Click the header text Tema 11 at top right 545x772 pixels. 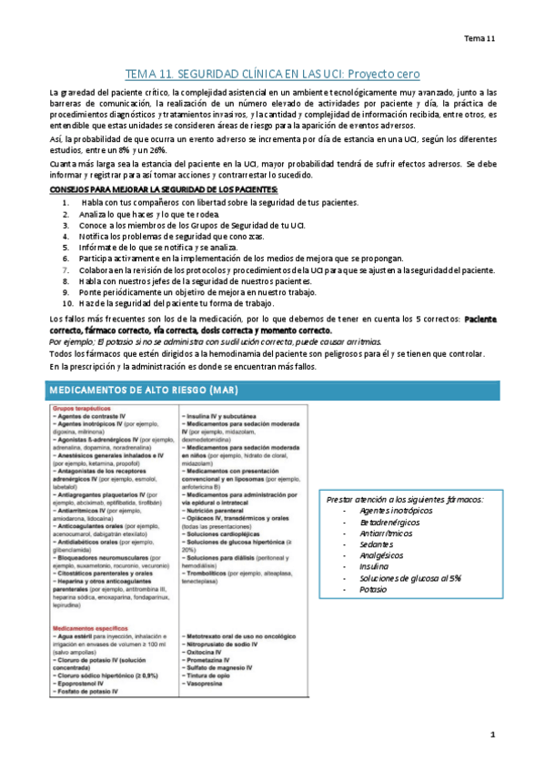[x=479, y=38]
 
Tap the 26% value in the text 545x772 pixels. [x=156, y=149]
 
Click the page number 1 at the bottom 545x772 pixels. [x=492, y=736]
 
